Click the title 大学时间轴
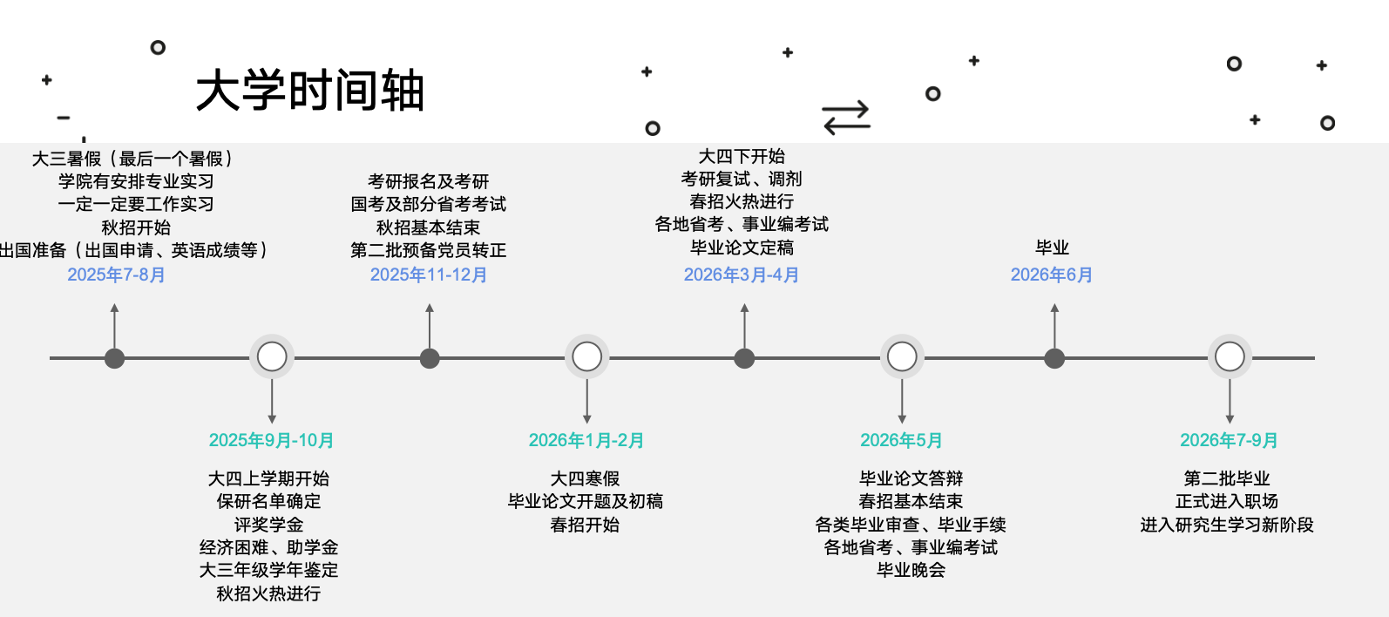(309, 92)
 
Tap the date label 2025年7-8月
(116, 275)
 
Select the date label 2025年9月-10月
(271, 440)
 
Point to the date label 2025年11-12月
(429, 275)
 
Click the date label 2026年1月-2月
(586, 440)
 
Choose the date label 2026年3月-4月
(742, 275)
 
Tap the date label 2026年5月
(901, 440)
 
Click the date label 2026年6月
(1052, 275)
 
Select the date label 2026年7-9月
(1229, 440)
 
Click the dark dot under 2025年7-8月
(114, 358)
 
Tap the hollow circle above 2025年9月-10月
(272, 356)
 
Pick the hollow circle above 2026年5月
(902, 356)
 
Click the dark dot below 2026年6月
(1054, 358)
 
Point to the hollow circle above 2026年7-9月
(1230, 356)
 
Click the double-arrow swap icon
(846, 118)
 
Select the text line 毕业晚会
(911, 570)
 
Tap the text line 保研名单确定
(268, 501)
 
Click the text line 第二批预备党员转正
(428, 250)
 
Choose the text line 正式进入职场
(1227, 501)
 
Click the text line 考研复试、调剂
(742, 179)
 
